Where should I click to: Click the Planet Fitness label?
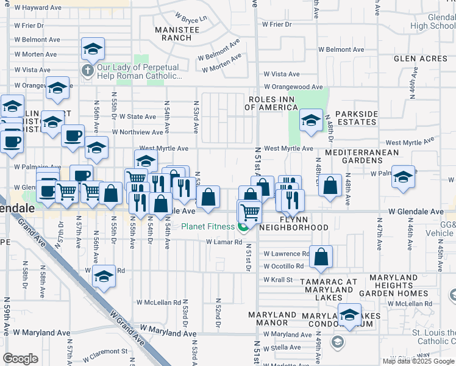(208, 227)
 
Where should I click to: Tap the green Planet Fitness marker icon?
(243, 228)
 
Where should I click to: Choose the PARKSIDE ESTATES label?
(357, 118)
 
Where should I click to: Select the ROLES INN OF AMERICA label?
(271, 103)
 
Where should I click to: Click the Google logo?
(20, 359)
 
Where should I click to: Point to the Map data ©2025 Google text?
(419, 361)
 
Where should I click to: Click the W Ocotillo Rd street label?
(283, 267)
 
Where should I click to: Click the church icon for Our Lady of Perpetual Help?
(87, 70)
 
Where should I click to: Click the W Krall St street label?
(278, 279)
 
